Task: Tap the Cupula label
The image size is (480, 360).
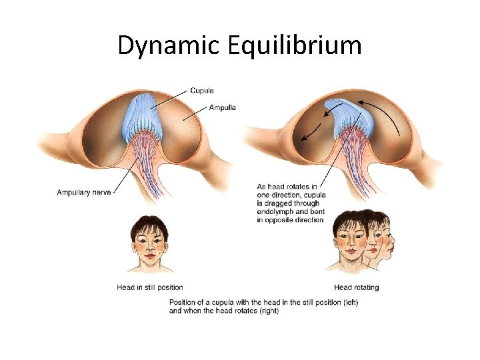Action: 202,91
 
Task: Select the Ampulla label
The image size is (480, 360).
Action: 222,107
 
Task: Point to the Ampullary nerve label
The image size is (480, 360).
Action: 84,193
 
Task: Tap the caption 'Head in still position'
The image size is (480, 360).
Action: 150,287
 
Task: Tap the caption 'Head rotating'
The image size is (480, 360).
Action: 356,287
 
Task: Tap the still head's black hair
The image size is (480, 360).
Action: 149,222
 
